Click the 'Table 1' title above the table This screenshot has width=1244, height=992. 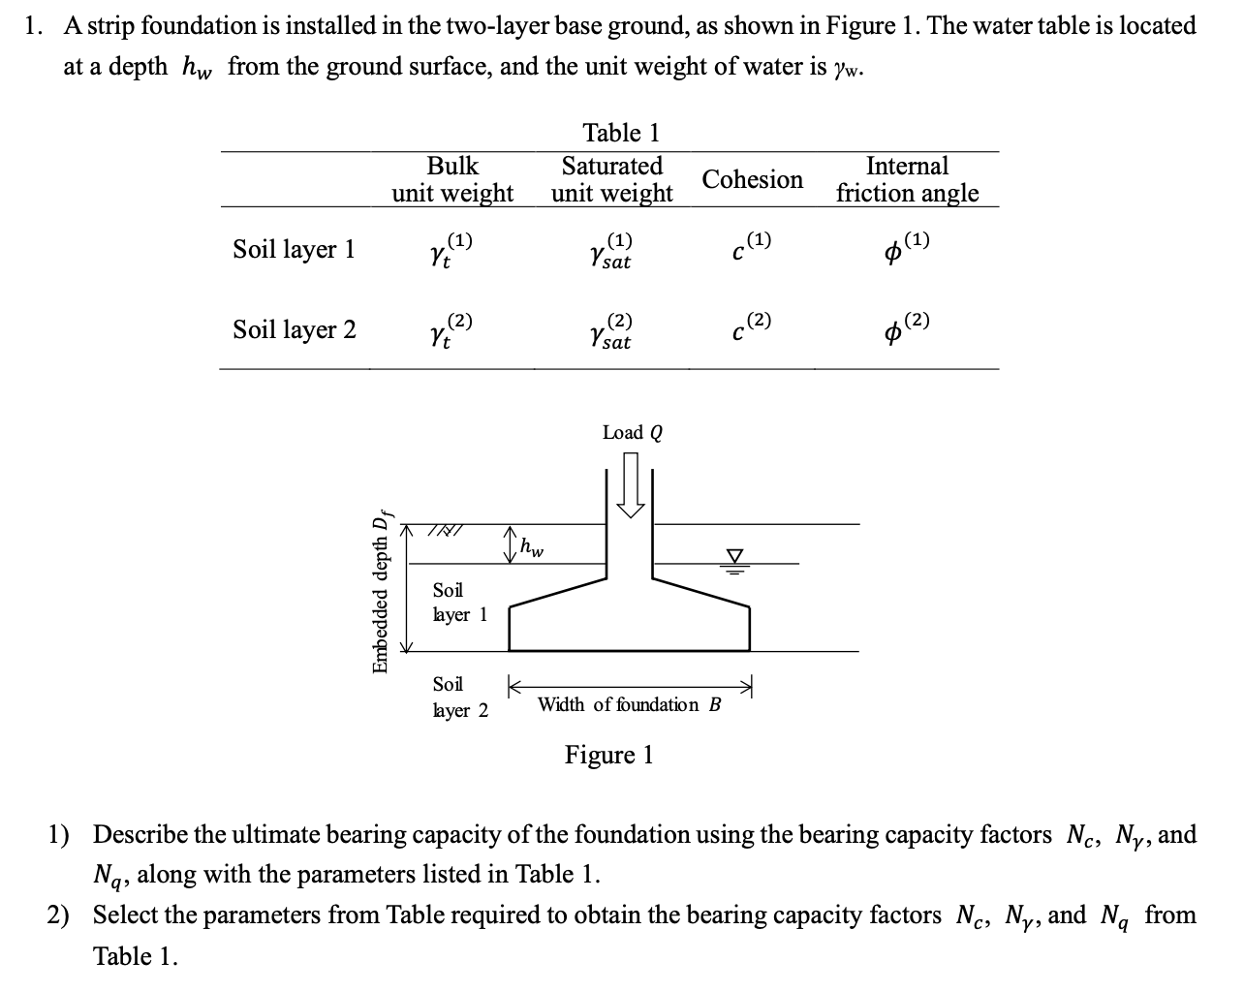click(x=620, y=133)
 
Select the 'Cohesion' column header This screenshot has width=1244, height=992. click(x=752, y=180)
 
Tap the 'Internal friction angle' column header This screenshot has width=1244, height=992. click(x=907, y=179)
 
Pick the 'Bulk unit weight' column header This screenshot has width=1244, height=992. click(x=452, y=179)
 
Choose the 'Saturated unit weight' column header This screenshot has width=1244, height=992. click(x=611, y=179)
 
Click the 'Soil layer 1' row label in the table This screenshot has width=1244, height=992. click(x=294, y=250)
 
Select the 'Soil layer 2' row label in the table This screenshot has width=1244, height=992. click(x=294, y=330)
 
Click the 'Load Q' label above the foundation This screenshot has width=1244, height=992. click(x=632, y=433)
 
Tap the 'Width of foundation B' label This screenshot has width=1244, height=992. click(x=629, y=704)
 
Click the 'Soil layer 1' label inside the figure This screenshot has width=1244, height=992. click(x=459, y=602)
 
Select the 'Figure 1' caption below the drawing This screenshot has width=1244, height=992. click(x=608, y=755)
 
